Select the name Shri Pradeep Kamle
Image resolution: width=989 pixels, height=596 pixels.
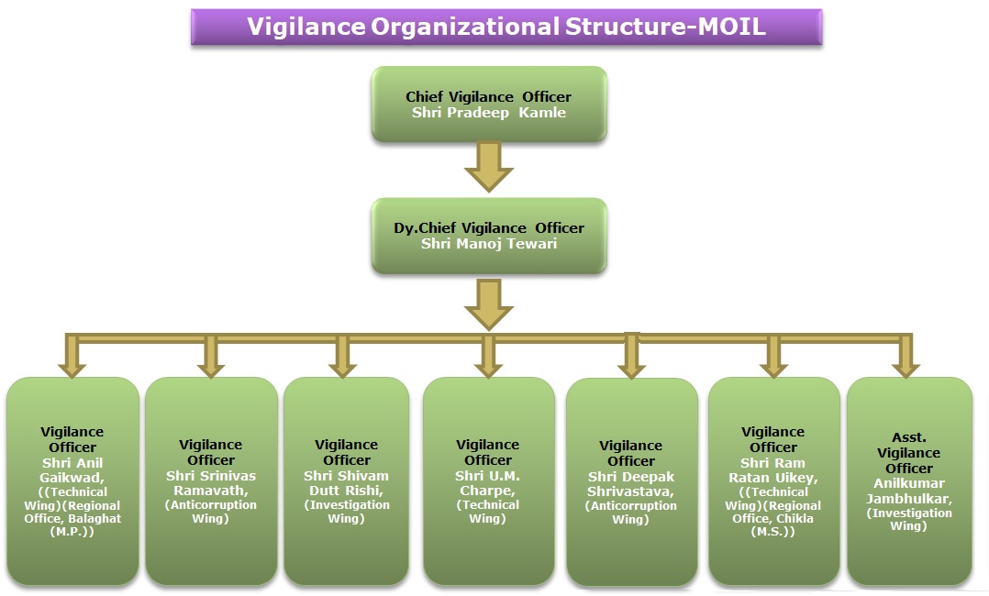pos(489,113)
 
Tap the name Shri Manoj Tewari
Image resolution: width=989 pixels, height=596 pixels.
pos(489,244)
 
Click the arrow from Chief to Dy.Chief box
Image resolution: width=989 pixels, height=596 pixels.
pos(489,167)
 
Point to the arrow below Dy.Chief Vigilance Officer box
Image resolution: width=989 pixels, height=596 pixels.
pos(489,304)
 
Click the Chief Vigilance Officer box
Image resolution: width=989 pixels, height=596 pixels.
pos(489,104)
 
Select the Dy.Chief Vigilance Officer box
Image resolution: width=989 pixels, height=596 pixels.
pos(489,236)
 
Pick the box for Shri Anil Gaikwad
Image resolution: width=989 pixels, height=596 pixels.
pos(72,481)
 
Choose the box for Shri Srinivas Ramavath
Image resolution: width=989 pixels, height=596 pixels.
pos(211,481)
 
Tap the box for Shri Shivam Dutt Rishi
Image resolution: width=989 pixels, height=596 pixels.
pos(346,481)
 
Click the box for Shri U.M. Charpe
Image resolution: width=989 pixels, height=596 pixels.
pos(489,481)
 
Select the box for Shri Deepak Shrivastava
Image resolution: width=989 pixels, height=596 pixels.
pos(631,482)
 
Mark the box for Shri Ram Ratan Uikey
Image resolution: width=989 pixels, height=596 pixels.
pos(774,481)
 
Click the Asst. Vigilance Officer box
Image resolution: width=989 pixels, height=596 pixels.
pos(909,481)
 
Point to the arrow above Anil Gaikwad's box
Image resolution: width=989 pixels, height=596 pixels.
pos(72,357)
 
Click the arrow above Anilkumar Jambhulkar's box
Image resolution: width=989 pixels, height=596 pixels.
pos(906,357)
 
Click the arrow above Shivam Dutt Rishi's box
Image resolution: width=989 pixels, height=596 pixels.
pos(342,357)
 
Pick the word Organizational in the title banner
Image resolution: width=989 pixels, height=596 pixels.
pos(465,27)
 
